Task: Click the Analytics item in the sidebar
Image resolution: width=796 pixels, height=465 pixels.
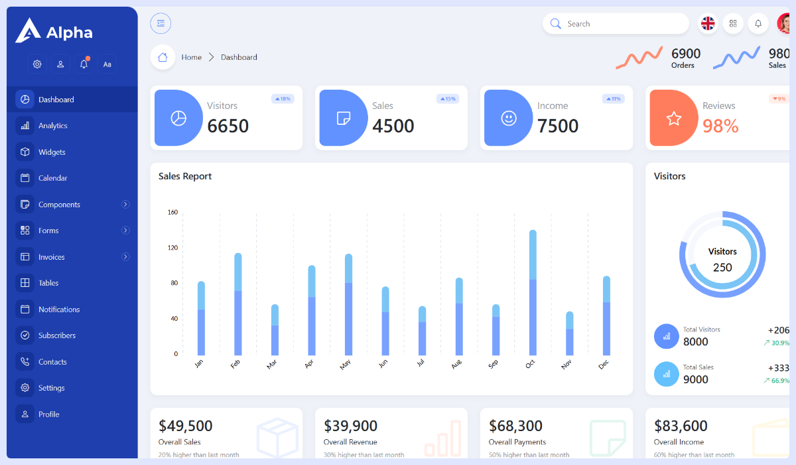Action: click(x=52, y=126)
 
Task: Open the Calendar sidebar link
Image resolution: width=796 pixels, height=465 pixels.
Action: click(x=52, y=178)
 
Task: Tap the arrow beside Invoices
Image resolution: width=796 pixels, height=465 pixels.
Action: click(x=125, y=257)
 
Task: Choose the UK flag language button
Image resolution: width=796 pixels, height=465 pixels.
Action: click(x=708, y=24)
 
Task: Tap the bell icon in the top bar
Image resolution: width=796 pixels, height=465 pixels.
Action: click(x=758, y=24)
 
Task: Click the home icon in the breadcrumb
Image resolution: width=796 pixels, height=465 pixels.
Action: click(x=163, y=57)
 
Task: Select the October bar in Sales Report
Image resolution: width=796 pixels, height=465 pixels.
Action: click(x=533, y=292)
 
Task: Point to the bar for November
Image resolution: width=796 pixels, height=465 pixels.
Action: click(x=569, y=333)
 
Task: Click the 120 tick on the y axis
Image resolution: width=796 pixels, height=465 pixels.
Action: click(x=172, y=248)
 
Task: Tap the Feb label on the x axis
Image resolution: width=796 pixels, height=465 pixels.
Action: click(x=235, y=364)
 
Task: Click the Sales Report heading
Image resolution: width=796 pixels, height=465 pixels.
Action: click(x=185, y=176)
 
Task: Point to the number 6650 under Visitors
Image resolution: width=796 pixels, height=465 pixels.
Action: click(x=228, y=126)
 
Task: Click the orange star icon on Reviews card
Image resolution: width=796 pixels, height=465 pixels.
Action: click(x=674, y=118)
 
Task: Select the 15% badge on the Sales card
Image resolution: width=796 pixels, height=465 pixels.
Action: click(x=448, y=99)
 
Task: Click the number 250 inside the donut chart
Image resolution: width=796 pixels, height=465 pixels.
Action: click(x=722, y=268)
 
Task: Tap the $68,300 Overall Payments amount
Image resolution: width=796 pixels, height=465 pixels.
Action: click(x=515, y=426)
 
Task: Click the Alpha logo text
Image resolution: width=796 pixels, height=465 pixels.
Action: click(x=69, y=33)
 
